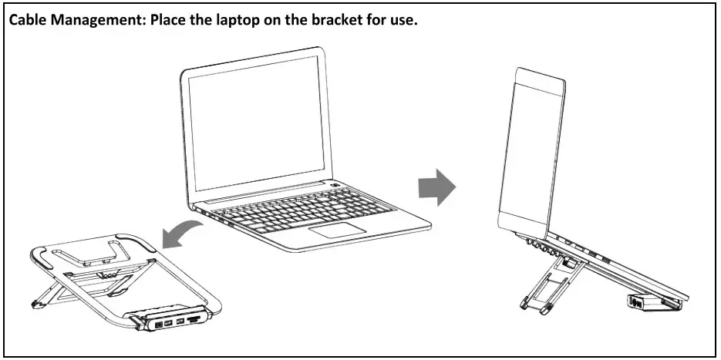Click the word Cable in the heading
(x=28, y=21)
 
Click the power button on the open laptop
(x=335, y=186)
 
